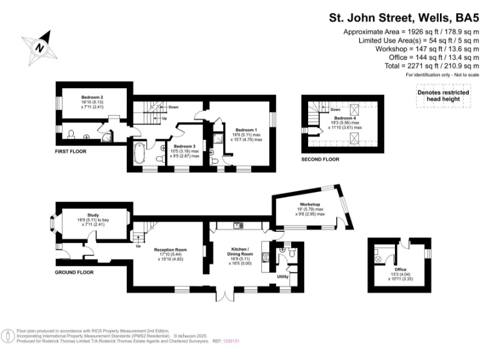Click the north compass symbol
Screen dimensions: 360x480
[x=41, y=46]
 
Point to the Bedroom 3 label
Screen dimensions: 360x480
[x=185, y=146]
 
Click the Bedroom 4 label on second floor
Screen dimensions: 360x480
[x=346, y=118]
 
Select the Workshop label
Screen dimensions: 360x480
[x=310, y=205]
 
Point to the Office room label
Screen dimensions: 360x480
[x=400, y=269]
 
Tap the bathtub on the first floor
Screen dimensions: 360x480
[x=139, y=152]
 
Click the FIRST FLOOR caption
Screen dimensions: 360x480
[x=70, y=151]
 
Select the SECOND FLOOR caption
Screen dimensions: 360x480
[x=320, y=159]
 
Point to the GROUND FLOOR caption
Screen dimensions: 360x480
[x=74, y=272]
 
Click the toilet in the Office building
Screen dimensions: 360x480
[x=377, y=257]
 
